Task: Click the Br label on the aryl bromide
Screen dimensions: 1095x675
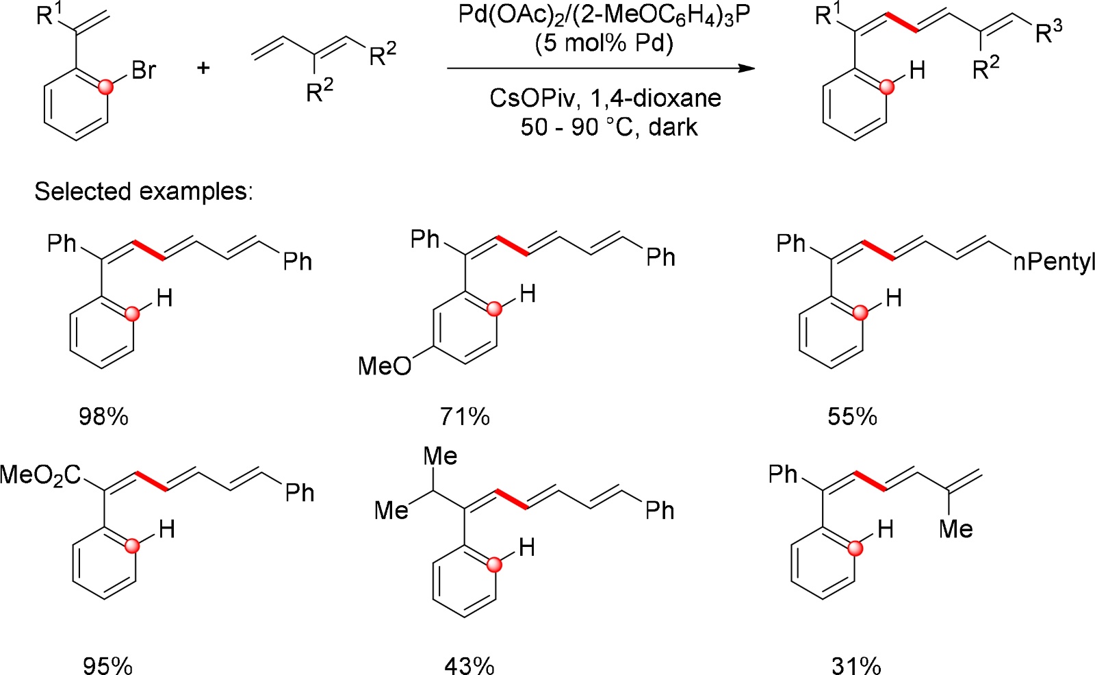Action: (x=144, y=71)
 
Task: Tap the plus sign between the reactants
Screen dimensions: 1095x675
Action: (x=203, y=68)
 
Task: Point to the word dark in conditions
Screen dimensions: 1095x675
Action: (x=673, y=127)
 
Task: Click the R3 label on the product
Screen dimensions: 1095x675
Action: (x=1048, y=31)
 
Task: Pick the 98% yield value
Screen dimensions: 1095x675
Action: (x=103, y=416)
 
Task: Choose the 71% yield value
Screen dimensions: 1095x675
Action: (x=465, y=416)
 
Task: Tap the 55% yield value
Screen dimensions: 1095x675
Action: (x=852, y=416)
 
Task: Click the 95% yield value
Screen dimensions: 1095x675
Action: (x=107, y=665)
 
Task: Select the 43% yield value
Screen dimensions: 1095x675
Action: (x=469, y=665)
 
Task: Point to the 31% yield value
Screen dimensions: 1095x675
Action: (x=856, y=665)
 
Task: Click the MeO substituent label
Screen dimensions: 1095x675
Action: (x=385, y=367)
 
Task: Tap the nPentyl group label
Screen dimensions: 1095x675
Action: (x=1053, y=262)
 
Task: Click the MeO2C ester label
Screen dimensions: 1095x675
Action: (x=41, y=474)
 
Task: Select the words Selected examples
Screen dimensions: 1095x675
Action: (x=144, y=191)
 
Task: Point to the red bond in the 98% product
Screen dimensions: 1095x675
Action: (x=149, y=250)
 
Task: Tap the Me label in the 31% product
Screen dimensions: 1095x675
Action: (x=956, y=528)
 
